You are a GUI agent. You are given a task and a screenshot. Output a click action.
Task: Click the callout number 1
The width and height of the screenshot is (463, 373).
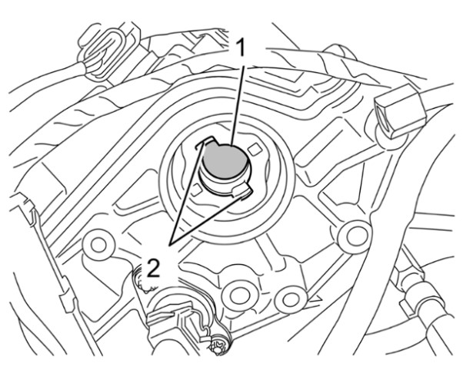[x=241, y=48]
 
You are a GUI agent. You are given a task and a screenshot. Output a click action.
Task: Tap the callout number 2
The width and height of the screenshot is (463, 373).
[x=153, y=268]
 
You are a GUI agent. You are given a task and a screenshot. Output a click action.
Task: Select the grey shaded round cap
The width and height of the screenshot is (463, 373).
[x=225, y=161]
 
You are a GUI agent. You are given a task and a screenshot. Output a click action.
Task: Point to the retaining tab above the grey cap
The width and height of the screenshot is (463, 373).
[x=205, y=142]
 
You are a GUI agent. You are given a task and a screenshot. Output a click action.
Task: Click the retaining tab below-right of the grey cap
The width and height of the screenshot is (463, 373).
[x=242, y=191]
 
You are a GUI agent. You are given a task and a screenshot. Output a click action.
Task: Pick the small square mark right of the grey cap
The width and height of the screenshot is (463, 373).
[x=255, y=150]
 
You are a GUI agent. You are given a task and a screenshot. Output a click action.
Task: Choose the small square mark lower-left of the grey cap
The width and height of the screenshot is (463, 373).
[x=196, y=190]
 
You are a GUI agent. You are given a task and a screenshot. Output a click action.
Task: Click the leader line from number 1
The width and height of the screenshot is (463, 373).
[x=238, y=106]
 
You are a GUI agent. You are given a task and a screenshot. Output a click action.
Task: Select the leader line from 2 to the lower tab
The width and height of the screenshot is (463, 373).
[x=210, y=219]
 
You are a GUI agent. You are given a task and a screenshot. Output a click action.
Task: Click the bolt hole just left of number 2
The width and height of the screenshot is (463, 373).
[x=98, y=244]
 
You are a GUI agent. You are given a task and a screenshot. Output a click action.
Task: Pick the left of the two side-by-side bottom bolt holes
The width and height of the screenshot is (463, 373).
[x=237, y=295]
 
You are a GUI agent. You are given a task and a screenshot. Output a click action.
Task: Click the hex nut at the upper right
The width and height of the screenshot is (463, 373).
[x=401, y=112]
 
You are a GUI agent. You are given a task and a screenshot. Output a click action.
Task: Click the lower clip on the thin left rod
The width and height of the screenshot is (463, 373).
[x=68, y=302]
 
